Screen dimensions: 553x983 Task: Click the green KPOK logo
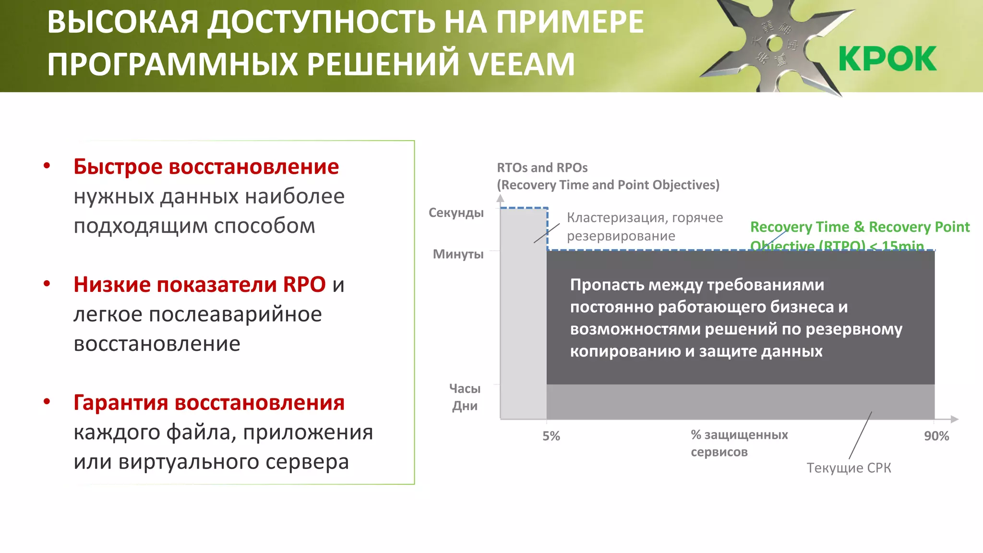coord(887,59)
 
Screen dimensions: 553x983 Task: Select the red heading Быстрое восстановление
coord(206,167)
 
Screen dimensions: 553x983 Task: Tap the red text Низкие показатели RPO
coord(199,285)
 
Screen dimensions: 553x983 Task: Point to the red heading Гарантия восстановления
coord(209,403)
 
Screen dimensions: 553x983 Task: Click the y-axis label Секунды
coord(456,213)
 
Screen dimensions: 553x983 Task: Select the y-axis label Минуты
coord(458,254)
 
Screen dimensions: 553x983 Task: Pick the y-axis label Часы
coord(464,388)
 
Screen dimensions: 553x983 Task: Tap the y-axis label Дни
coord(464,406)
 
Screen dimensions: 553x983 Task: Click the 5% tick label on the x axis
coord(551,436)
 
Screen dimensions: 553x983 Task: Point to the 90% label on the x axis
coord(936,436)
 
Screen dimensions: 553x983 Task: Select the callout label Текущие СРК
coord(848,468)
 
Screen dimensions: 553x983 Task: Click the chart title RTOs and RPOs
coord(542,168)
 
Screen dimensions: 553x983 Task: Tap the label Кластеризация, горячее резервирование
coord(644,227)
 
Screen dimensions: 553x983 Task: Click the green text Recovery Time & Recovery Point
coord(859,227)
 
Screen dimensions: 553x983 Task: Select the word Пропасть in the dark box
coord(607,285)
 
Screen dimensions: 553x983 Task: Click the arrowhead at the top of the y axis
coord(500,198)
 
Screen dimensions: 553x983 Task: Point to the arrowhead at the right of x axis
coord(955,419)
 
